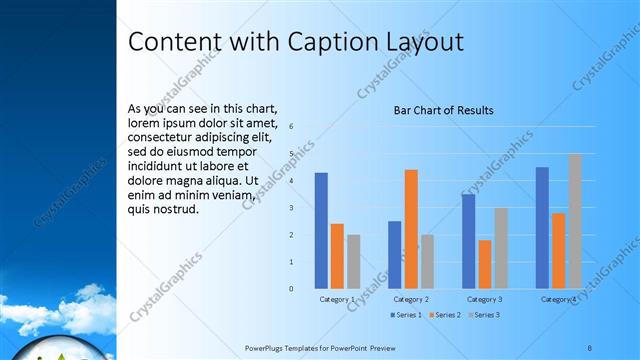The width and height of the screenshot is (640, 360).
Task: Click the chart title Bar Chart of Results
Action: tap(443, 110)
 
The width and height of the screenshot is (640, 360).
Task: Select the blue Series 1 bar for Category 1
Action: tap(321, 230)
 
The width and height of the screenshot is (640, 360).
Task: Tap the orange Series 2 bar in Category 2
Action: tap(411, 229)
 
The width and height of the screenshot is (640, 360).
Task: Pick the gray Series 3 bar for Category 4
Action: tap(575, 221)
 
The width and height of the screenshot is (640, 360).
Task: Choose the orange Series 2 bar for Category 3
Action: tap(485, 264)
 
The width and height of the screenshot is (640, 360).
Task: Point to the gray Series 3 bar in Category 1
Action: tap(353, 261)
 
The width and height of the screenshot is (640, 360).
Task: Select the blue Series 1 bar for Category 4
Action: tap(542, 227)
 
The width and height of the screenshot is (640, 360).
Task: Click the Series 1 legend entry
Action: tap(407, 315)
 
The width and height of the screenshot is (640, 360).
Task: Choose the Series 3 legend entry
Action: tap(485, 315)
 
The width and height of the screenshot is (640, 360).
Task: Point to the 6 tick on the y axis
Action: tap(291, 127)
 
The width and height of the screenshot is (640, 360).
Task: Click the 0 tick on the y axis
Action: tap(291, 289)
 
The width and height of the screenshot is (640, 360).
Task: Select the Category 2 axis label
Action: tap(411, 299)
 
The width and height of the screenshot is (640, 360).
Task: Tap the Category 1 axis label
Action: tap(337, 299)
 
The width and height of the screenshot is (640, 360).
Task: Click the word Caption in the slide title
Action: tap(334, 42)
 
